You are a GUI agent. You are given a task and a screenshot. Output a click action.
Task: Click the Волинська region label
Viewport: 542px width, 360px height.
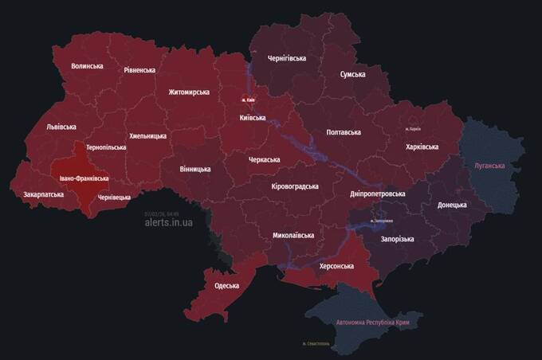[x=87, y=66]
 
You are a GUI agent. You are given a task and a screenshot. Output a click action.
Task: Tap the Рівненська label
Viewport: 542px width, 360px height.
[x=139, y=70]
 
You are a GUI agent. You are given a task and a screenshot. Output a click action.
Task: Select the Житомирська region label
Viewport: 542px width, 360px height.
[x=189, y=92]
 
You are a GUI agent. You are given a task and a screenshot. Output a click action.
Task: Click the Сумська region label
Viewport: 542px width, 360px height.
[x=352, y=74]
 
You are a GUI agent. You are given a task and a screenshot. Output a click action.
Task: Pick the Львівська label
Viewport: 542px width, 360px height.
[x=61, y=127]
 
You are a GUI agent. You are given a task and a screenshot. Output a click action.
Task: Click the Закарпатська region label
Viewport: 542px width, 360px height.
[x=43, y=194]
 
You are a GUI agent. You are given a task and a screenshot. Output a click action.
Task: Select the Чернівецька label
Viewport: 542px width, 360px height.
[x=114, y=197]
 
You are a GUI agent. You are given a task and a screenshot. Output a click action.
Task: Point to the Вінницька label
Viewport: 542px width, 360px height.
[x=195, y=169]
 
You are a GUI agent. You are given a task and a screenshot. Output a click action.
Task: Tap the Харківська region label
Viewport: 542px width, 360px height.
[x=422, y=147]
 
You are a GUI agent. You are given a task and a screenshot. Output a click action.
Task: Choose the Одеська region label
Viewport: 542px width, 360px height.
[x=227, y=285]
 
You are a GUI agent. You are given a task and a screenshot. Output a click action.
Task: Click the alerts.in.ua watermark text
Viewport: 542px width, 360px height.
[x=168, y=222]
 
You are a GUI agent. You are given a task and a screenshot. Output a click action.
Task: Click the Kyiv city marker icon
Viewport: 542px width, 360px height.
[x=245, y=100]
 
